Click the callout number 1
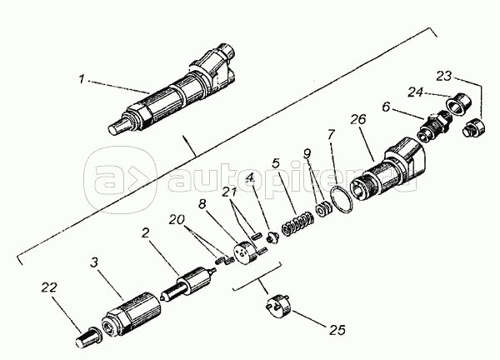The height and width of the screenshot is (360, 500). (82, 79)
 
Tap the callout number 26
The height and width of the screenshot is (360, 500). (358, 119)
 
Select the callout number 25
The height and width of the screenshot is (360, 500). (337, 330)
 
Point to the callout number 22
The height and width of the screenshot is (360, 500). (49, 287)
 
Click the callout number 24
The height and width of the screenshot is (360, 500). (416, 92)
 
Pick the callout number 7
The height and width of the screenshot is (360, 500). (330, 135)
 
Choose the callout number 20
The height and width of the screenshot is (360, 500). (177, 220)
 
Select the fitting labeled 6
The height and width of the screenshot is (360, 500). (435, 125)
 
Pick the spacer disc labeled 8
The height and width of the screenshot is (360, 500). (245, 252)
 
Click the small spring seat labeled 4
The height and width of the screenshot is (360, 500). (272, 237)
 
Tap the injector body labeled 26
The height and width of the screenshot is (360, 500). (387, 169)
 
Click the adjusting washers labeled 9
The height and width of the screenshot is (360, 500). (324, 209)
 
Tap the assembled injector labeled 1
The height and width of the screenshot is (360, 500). (172, 90)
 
